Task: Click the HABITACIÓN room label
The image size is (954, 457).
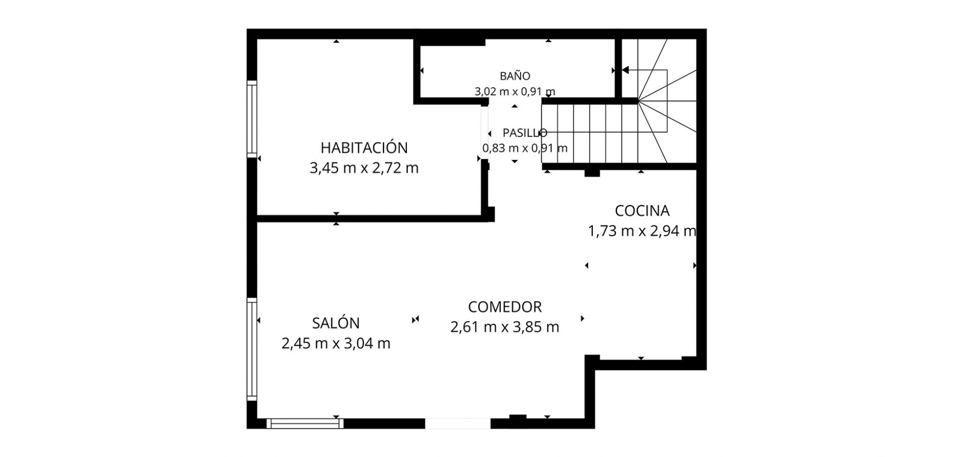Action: tap(364, 148)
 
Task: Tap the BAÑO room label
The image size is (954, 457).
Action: tap(515, 76)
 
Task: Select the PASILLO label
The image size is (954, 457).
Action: tap(525, 133)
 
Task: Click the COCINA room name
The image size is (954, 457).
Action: tap(642, 211)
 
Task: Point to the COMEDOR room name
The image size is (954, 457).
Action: tap(505, 307)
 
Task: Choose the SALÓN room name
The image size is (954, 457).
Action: tap(336, 323)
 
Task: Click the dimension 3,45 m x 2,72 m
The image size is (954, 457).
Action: tap(364, 168)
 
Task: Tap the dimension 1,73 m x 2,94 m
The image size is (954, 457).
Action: tap(642, 231)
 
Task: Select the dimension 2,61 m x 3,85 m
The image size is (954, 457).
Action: tap(505, 327)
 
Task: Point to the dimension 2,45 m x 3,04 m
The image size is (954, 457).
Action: tap(336, 343)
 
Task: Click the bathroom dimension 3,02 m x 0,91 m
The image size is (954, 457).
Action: tap(515, 91)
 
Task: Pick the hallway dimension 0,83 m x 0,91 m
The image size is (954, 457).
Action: tap(525, 148)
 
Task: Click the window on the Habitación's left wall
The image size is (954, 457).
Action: tap(252, 119)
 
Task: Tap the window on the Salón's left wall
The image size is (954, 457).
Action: tap(252, 349)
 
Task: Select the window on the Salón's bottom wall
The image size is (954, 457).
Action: tap(305, 423)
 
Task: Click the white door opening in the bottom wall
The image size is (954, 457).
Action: tap(458, 423)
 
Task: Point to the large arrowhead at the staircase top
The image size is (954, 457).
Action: tap(626, 70)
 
